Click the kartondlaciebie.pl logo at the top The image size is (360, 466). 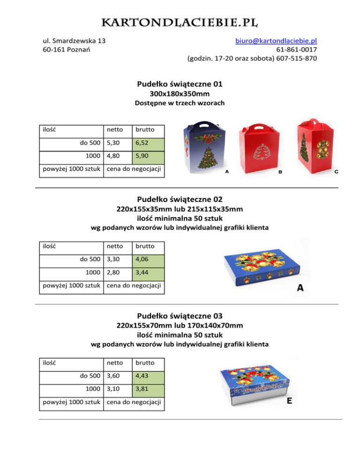[180, 22]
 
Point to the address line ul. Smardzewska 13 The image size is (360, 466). [74, 41]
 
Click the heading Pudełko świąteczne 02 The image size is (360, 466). [180, 199]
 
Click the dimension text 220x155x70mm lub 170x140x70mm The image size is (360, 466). [180, 325]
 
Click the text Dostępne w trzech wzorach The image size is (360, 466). [180, 103]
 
